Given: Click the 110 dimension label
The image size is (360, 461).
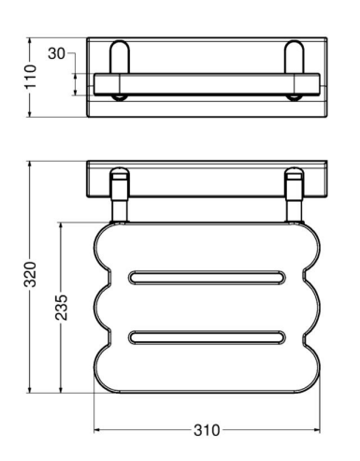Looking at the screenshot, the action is tap(31, 77).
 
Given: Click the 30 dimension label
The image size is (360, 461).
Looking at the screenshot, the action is tap(56, 53).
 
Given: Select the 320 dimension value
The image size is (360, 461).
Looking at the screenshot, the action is tap(31, 275).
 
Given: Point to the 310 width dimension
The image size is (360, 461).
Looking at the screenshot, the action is tap(207, 430).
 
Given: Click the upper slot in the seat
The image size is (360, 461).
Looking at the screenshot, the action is tap(207, 278).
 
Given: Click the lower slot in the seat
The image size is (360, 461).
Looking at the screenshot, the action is tap(207, 338).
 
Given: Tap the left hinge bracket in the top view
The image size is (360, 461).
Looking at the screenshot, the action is tap(119, 58).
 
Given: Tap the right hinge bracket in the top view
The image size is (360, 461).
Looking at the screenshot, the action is tap(294, 58).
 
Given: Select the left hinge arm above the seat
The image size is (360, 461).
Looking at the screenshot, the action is tap(119, 195).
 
